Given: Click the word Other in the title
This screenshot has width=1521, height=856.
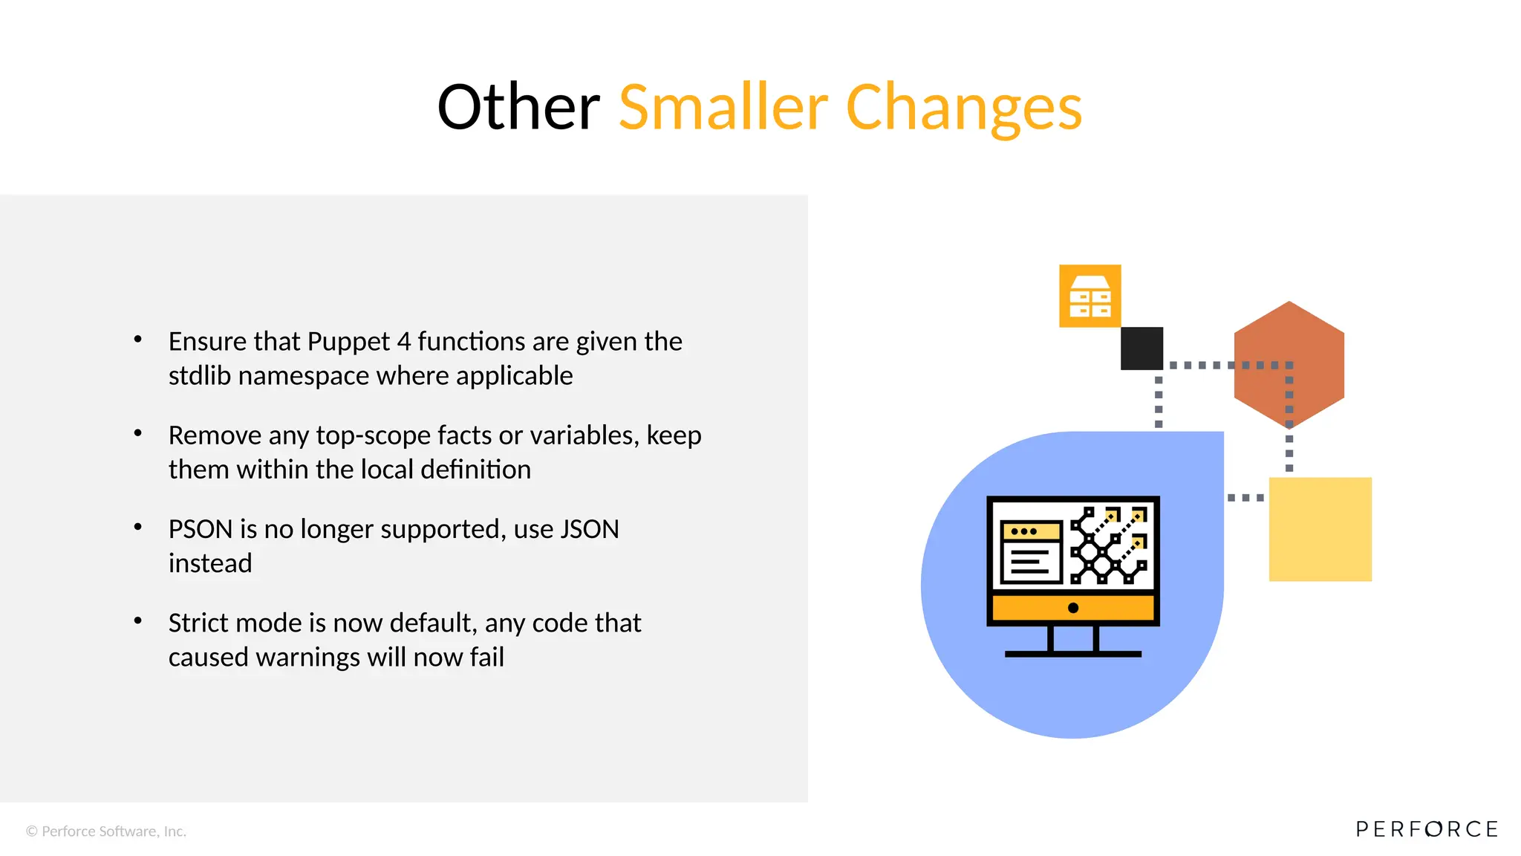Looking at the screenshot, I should pyautogui.click(x=518, y=108).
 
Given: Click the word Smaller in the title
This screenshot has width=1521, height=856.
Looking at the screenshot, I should pyautogui.click(x=723, y=108).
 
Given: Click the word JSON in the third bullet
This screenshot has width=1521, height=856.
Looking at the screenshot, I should pyautogui.click(x=590, y=529).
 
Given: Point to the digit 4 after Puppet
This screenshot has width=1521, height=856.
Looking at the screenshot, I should pyautogui.click(x=403, y=342).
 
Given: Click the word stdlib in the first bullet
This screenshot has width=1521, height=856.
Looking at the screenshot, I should pyautogui.click(x=200, y=376).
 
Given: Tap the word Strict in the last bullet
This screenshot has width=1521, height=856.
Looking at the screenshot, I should pyautogui.click(x=198, y=623).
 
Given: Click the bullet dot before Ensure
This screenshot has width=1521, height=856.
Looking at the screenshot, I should pyautogui.click(x=137, y=340).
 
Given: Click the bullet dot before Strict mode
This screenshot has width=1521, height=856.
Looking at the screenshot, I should pyautogui.click(x=137, y=620).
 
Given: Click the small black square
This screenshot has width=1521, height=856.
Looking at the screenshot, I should pyautogui.click(x=1141, y=348).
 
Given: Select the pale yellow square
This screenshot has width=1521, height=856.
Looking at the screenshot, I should pyautogui.click(x=1320, y=529).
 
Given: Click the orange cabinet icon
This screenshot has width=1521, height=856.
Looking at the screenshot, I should pyautogui.click(x=1090, y=296).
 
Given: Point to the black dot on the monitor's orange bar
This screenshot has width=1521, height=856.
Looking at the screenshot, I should pyautogui.click(x=1072, y=608).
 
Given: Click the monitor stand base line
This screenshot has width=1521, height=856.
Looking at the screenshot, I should pyautogui.click(x=1072, y=654).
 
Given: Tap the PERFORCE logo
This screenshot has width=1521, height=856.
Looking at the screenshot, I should pyautogui.click(x=1426, y=829).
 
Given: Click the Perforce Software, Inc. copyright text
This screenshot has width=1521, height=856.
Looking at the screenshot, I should pyautogui.click(x=106, y=831).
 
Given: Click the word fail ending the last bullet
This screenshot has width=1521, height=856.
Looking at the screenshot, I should pyautogui.click(x=486, y=658).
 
